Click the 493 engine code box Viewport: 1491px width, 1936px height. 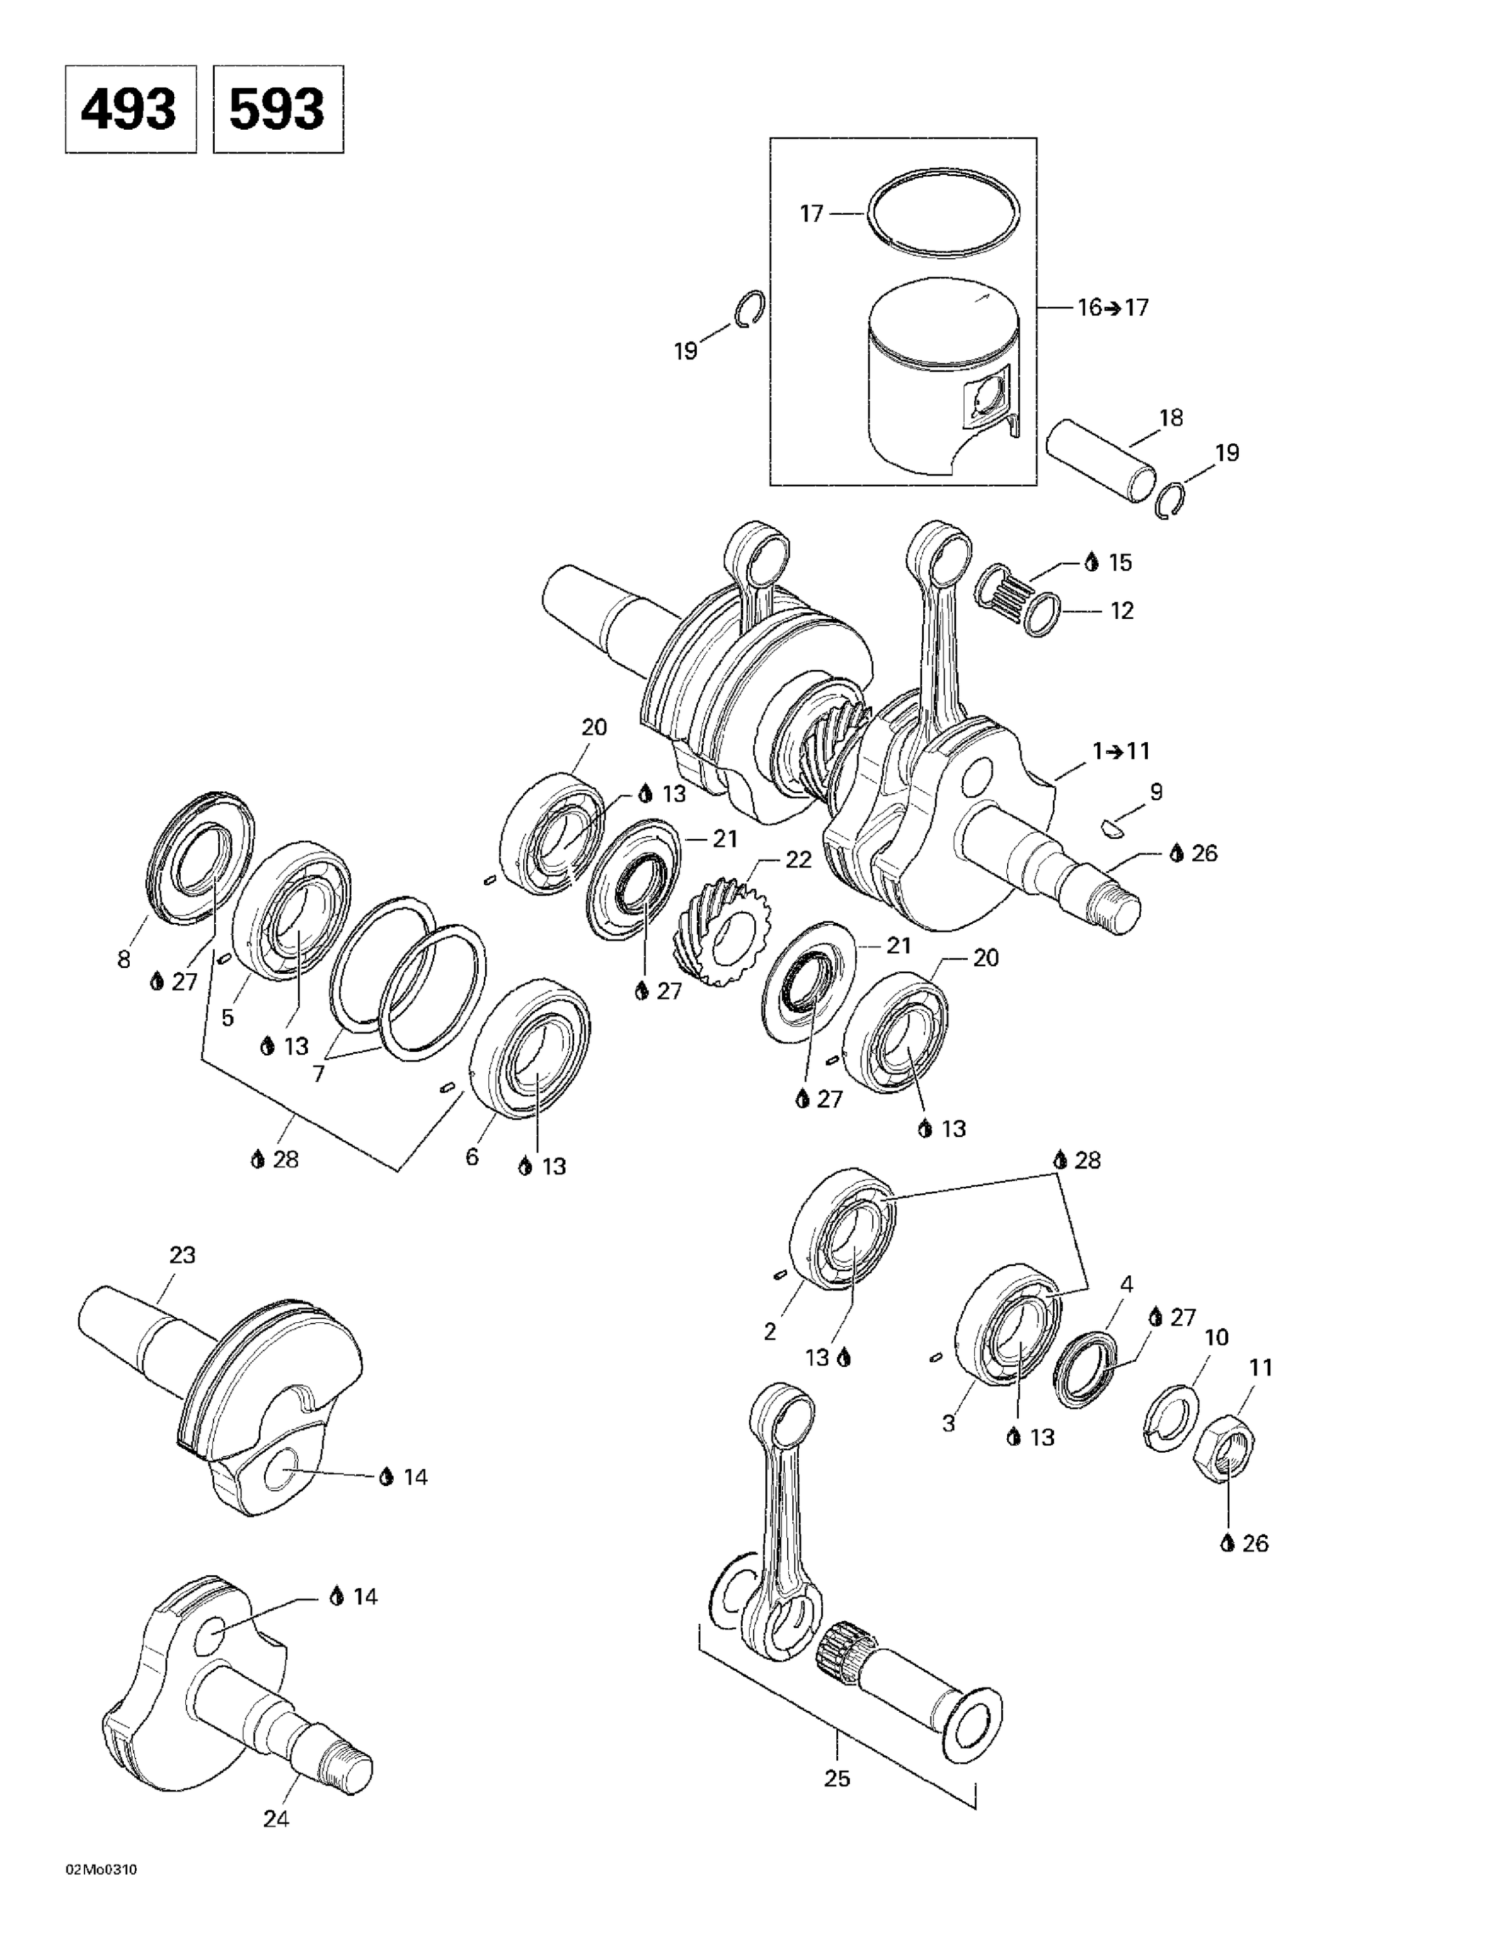tap(130, 109)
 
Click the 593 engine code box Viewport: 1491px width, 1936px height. tap(278, 109)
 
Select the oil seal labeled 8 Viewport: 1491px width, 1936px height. tap(199, 856)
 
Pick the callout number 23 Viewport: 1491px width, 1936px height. tap(183, 1255)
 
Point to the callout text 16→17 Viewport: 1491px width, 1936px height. tap(1112, 308)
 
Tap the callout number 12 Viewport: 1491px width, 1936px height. tap(1121, 610)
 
